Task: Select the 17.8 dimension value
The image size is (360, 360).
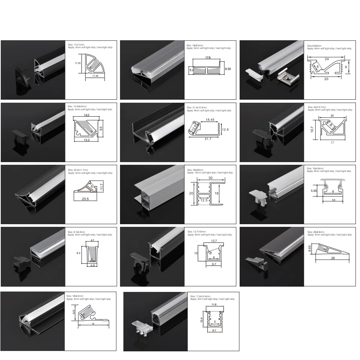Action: point(208,58)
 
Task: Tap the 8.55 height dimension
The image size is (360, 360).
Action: point(228,70)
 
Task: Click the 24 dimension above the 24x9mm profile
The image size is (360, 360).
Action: point(326,59)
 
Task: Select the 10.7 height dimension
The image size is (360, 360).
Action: point(312,129)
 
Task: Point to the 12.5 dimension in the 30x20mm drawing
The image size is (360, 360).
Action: point(204,201)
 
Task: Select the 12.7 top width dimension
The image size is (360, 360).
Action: point(214,240)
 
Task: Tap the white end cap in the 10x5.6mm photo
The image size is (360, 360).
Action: point(258,196)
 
